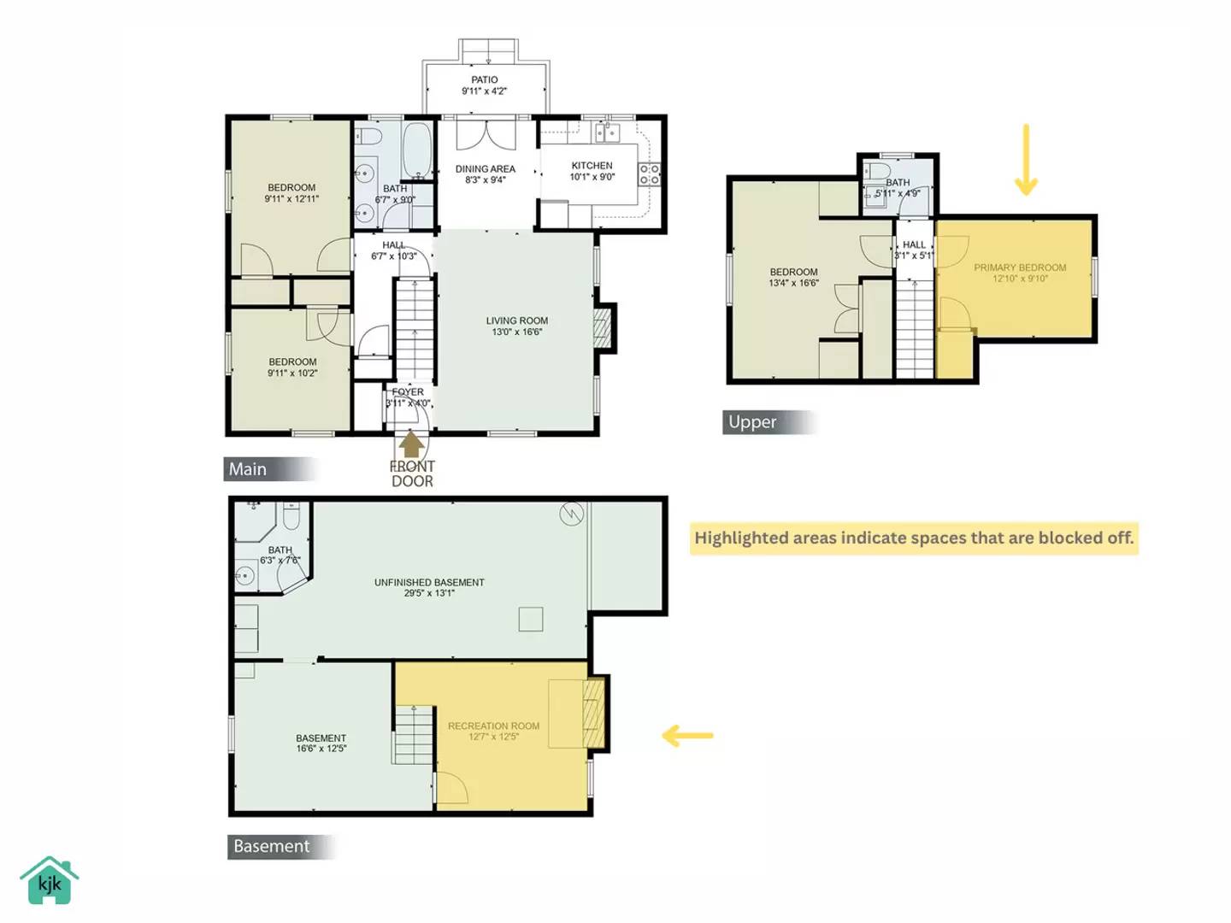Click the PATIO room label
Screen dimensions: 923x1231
click(484, 85)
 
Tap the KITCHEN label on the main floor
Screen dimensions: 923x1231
click(592, 171)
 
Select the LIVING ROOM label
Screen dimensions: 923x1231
click(516, 326)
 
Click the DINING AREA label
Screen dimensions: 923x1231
click(485, 174)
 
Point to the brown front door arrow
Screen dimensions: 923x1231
click(411, 444)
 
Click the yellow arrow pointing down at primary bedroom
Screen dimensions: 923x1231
click(1026, 160)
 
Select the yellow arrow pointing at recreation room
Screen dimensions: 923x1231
click(687, 735)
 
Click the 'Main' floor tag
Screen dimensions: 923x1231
click(248, 469)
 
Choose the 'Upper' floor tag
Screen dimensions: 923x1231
click(752, 422)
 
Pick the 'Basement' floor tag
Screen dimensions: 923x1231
click(271, 846)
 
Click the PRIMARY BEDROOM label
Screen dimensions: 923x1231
click(1019, 273)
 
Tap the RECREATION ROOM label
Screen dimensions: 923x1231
click(493, 731)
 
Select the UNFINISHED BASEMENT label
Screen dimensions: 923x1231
click(429, 587)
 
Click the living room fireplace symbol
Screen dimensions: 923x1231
click(603, 328)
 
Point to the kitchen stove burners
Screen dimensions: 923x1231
click(649, 174)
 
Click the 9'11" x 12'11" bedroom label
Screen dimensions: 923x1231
click(292, 193)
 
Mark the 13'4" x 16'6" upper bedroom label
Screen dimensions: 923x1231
click(793, 277)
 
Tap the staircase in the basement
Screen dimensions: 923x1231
click(414, 735)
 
